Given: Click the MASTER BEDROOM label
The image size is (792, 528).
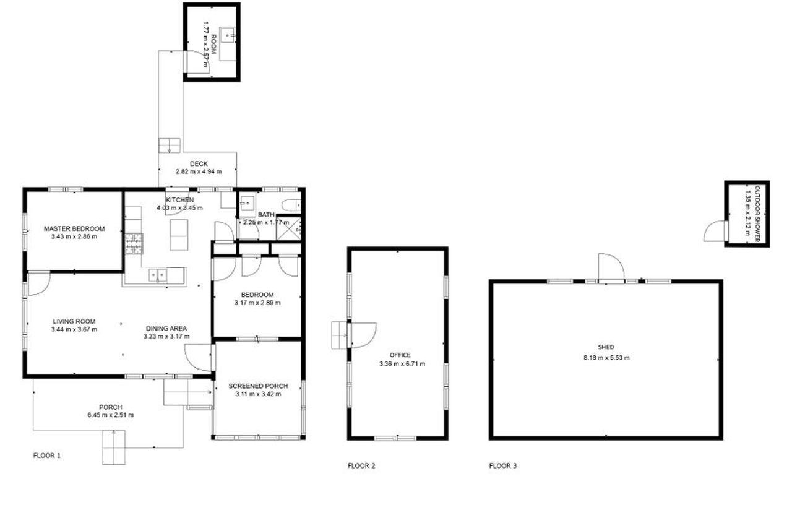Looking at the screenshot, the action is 74,228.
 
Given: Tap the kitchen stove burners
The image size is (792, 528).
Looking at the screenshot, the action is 134,243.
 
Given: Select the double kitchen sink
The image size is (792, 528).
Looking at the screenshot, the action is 158,275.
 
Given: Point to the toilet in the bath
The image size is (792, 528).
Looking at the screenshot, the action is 291,205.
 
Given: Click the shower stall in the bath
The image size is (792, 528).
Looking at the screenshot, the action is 288,229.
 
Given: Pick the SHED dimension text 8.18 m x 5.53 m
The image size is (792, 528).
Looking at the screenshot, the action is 606,358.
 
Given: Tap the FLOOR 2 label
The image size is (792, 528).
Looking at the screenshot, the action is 361,465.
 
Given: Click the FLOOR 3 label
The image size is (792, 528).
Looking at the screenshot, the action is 503,465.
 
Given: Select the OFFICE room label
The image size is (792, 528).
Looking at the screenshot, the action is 400,355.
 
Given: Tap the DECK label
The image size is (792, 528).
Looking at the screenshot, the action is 199,164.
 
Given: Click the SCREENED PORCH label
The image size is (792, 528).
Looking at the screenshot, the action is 258,386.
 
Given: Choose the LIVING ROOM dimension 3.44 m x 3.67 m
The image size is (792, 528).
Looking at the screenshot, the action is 74,329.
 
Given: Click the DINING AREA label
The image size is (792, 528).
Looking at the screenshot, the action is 166,329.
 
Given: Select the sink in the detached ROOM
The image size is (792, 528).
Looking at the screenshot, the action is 228,35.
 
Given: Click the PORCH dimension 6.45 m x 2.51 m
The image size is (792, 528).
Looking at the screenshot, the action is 111,415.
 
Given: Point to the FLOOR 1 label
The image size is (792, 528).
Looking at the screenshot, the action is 46,456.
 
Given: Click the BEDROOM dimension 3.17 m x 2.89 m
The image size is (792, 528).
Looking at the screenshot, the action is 257,303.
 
